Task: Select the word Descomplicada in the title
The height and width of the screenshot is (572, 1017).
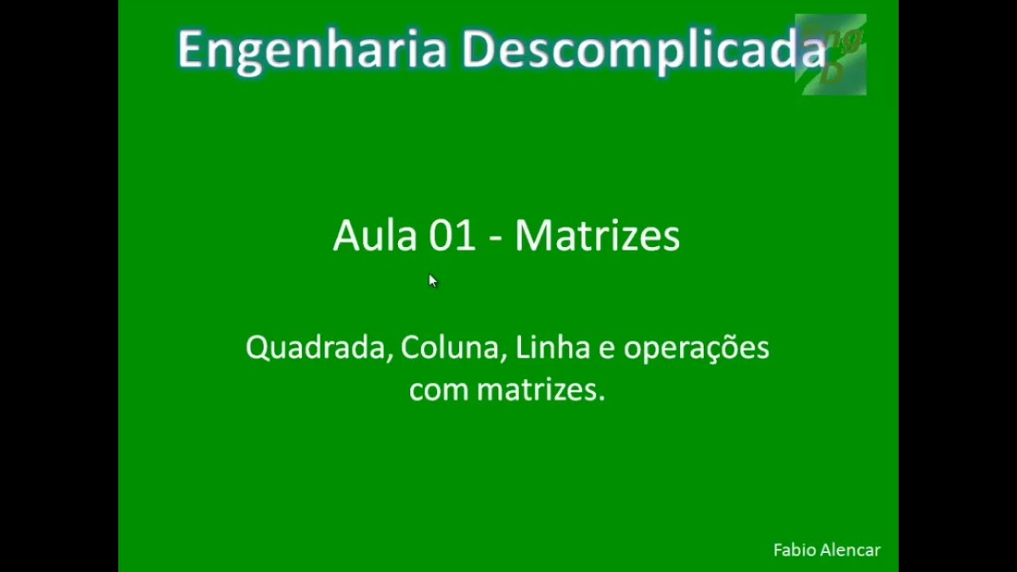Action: pyautogui.click(x=644, y=50)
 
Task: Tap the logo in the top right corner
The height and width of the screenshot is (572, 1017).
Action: pyautogui.click(x=831, y=54)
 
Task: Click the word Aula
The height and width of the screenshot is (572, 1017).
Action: pyautogui.click(x=374, y=236)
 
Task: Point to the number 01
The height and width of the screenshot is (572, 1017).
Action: pyautogui.click(x=452, y=236)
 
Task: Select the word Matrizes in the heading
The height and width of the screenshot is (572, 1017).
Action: pyautogui.click(x=597, y=236)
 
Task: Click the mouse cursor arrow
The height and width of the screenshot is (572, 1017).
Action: pyautogui.click(x=432, y=280)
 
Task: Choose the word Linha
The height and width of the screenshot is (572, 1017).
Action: pyautogui.click(x=552, y=348)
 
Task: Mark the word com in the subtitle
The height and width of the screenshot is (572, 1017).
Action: pyautogui.click(x=439, y=391)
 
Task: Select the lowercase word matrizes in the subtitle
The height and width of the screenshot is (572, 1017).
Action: pyautogui.click(x=540, y=390)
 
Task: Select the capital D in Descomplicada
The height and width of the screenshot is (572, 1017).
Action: pyautogui.click(x=479, y=50)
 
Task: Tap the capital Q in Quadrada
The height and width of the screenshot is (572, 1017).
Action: pyautogui.click(x=257, y=349)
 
